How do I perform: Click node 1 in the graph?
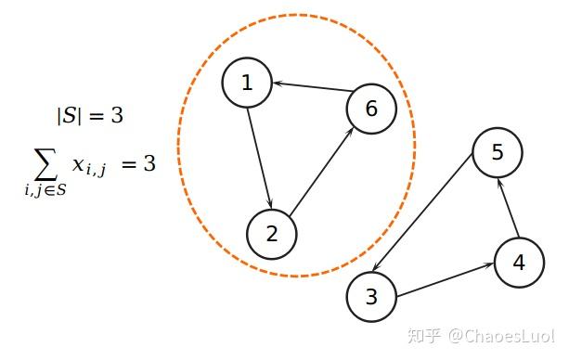pos(247,83)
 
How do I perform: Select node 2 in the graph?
pos(272,233)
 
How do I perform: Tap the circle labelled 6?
pos(371,109)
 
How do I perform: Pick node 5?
pos(498,152)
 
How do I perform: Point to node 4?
pos(519,263)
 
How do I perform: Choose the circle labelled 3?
pos(371,298)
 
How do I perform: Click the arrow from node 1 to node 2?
pos(259,158)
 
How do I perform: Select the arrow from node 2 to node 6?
pos(322,171)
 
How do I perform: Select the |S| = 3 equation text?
pos(90,116)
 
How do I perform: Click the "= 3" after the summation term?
pos(137,164)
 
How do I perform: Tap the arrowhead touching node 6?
pos(350,131)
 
